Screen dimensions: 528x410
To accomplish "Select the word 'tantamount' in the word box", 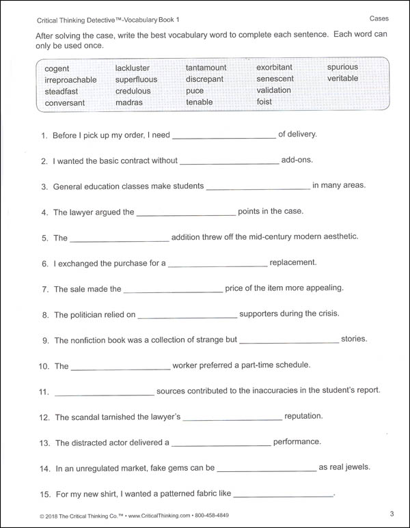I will coord(206,68).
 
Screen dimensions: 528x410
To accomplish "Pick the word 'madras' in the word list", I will coord(129,102).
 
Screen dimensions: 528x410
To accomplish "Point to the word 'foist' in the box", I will coord(264,102).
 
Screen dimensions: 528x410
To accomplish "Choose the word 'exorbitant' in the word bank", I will coord(274,67).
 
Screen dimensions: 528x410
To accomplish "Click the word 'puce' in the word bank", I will coord(195,91).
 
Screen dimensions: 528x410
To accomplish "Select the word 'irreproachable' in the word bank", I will coord(70,80).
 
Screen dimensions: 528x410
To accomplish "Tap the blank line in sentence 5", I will coord(120,240).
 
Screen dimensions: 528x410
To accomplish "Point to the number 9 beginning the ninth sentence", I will coord(44,340).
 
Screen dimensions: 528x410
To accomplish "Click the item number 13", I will coord(44,443).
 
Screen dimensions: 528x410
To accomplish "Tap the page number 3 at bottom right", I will coord(392,514).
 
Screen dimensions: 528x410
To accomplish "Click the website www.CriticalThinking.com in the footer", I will coord(150,514).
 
